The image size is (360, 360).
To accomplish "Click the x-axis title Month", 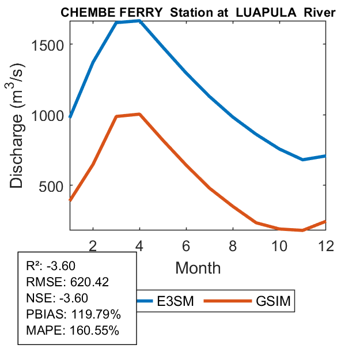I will point(198,267).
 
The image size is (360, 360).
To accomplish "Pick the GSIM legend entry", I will point(271,301).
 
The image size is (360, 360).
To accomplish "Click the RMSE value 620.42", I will point(89,282).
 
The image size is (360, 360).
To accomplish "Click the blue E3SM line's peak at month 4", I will point(139,21).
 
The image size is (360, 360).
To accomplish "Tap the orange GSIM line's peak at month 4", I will point(139,114).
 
